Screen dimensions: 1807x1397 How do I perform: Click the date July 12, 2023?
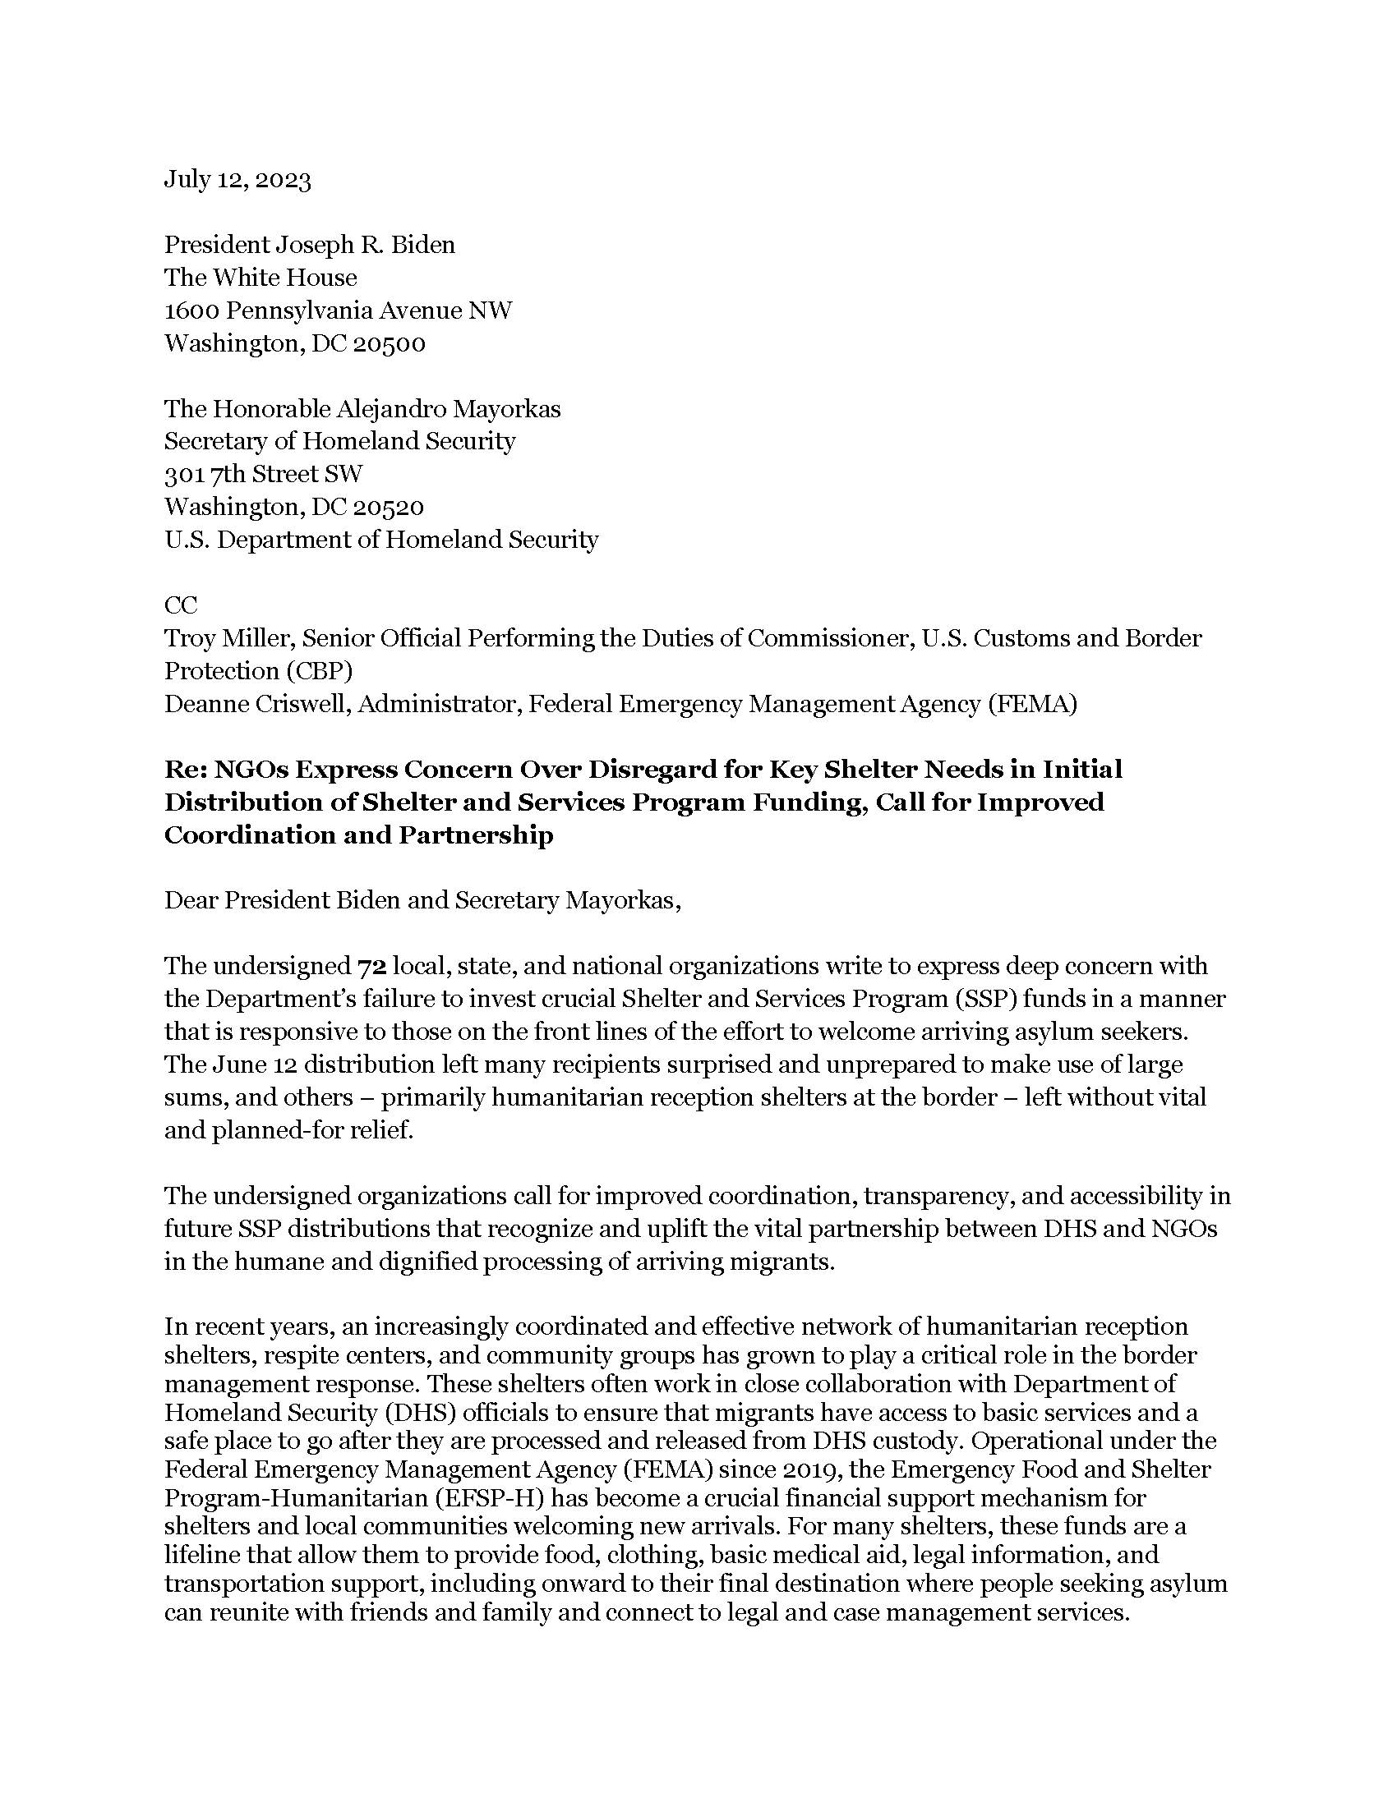pyautogui.click(x=237, y=180)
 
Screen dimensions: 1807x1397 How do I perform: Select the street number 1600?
pyautogui.click(x=192, y=310)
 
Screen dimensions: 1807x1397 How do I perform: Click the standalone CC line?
pyautogui.click(x=181, y=605)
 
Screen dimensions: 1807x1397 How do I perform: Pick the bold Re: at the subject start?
pyautogui.click(x=185, y=770)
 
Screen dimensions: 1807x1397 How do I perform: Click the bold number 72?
pyautogui.click(x=371, y=967)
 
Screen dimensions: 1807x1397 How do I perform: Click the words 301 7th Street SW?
pyautogui.click(x=263, y=474)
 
